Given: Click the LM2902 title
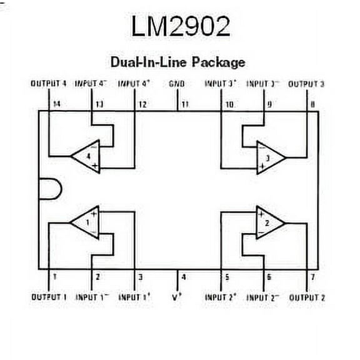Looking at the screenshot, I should [x=181, y=26].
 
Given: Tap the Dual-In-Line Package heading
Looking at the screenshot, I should [x=177, y=62].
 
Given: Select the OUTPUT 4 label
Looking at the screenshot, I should [x=49, y=83].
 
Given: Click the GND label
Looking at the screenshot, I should [x=177, y=83].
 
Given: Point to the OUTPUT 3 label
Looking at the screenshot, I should [x=306, y=83].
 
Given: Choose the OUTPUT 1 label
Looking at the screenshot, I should [x=49, y=297].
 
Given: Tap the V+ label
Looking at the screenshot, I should [x=177, y=297].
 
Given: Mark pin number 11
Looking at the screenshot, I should [x=185, y=104].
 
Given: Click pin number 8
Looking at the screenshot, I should [x=312, y=104].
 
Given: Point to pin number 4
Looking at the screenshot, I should [x=183, y=277].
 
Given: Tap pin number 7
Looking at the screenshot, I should [x=312, y=277].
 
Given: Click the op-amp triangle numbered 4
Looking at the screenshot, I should [x=86, y=156].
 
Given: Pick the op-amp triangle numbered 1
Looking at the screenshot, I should [x=86, y=221].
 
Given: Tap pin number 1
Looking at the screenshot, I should [x=55, y=277].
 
